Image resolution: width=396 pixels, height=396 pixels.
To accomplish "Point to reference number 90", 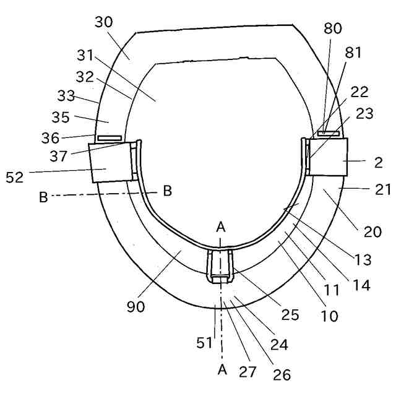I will tap(136, 306).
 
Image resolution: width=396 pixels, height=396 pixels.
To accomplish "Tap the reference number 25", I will tap(290, 315).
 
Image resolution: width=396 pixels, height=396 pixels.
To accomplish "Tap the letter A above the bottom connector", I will tap(221, 228).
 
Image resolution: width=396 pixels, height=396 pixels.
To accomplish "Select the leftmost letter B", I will tap(43, 197).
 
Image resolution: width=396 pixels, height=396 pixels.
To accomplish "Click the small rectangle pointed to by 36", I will tap(108, 137).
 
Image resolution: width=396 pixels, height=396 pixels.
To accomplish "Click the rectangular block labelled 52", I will tap(110, 161).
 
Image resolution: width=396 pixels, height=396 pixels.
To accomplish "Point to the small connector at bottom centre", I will tap(221, 265).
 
